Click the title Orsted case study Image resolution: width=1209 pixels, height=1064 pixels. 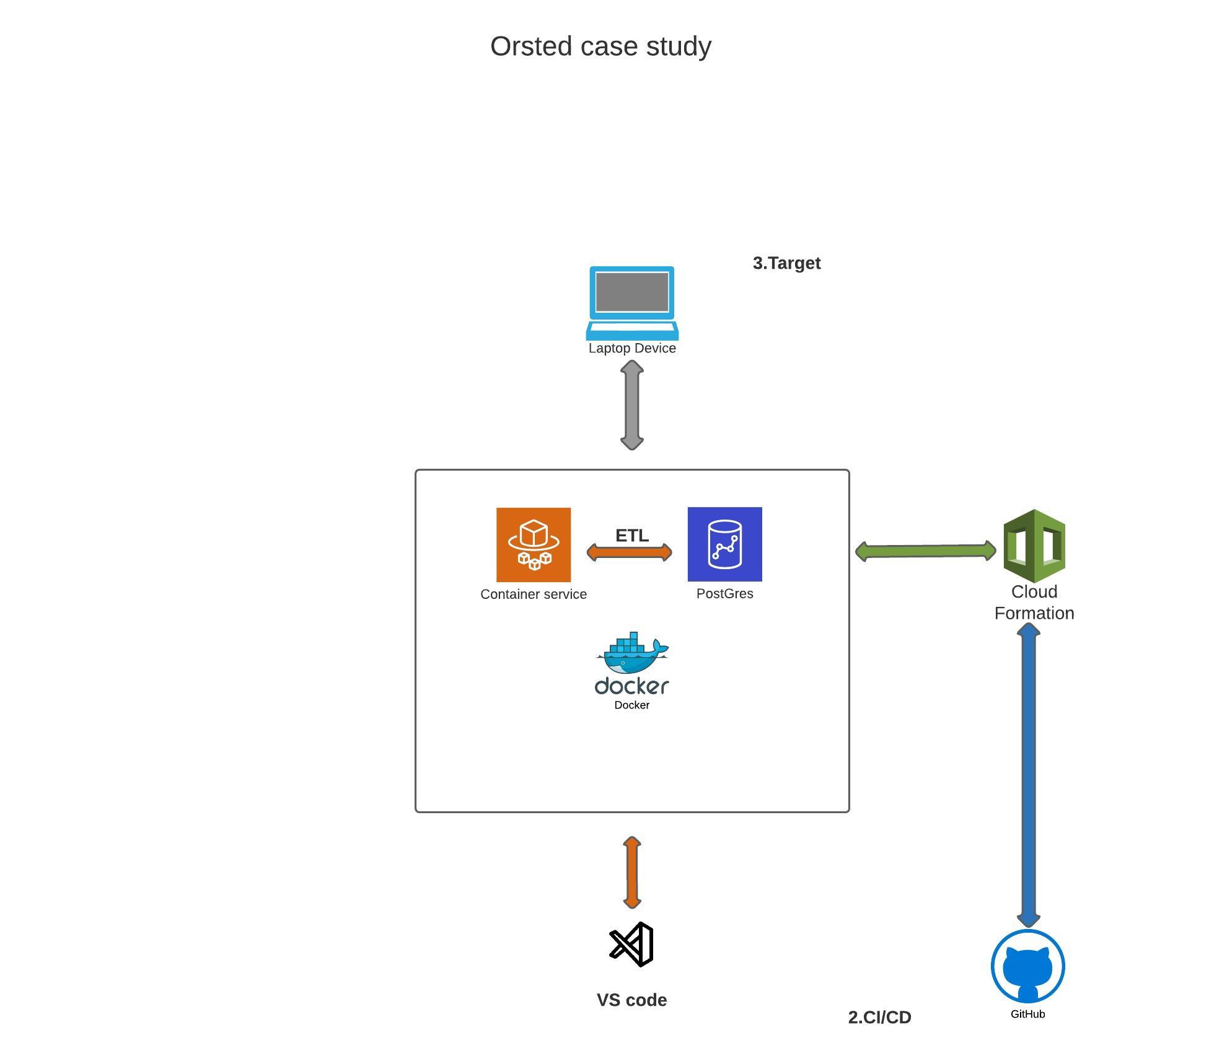[x=600, y=46]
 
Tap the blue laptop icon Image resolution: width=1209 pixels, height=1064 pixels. [x=632, y=302]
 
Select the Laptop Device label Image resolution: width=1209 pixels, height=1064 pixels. [x=632, y=348]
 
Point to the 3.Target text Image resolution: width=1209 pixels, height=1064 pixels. [x=786, y=263]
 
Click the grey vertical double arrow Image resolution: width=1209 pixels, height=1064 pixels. [x=632, y=405]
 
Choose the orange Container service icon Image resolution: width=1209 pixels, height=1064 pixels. [x=534, y=544]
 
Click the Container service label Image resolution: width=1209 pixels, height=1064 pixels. [x=534, y=594]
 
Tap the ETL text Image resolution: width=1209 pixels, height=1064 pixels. [x=631, y=535]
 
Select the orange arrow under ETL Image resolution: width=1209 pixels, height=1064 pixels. [x=629, y=552]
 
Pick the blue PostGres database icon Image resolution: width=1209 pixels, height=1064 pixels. [x=724, y=544]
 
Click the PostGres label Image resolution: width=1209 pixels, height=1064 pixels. [x=724, y=593]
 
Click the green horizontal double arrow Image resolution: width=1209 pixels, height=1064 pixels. [x=925, y=551]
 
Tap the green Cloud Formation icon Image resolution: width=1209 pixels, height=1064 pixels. [x=1034, y=545]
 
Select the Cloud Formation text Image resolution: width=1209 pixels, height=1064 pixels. [x=1034, y=602]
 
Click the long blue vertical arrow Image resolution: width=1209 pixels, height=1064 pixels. [x=1029, y=774]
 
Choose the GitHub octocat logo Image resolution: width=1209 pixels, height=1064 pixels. [x=1027, y=966]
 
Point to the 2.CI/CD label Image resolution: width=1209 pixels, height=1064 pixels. [x=879, y=1018]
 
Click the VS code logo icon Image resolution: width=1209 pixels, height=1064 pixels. [x=632, y=944]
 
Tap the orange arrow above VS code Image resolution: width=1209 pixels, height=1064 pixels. [x=632, y=873]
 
